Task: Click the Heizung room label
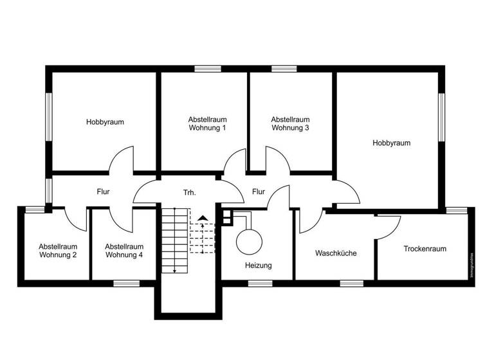point(259,265)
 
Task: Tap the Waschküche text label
point(336,253)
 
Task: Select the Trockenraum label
point(425,249)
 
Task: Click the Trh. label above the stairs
point(189,192)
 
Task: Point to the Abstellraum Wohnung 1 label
point(207,123)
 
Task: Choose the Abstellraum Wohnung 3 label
point(290,123)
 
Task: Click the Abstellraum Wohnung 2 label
point(58,251)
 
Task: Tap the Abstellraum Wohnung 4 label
point(124,251)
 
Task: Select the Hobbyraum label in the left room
point(105,122)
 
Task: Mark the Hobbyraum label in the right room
point(391,143)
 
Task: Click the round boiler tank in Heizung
point(249,242)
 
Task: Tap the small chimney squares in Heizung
point(226,218)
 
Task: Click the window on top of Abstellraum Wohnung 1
point(208,69)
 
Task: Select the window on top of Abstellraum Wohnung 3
point(284,69)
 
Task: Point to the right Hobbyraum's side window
point(442,116)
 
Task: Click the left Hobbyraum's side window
point(48,116)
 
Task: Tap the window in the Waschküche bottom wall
point(351,283)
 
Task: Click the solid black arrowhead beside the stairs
point(203,219)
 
